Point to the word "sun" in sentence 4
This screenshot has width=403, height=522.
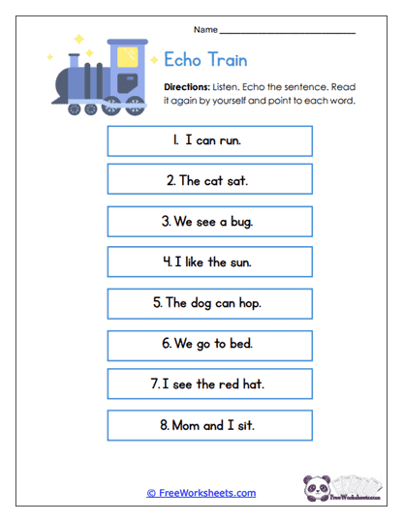point(242,261)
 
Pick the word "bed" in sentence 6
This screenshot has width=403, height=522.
point(238,343)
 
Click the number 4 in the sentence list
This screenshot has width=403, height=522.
point(168,261)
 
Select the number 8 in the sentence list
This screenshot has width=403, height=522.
point(164,424)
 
